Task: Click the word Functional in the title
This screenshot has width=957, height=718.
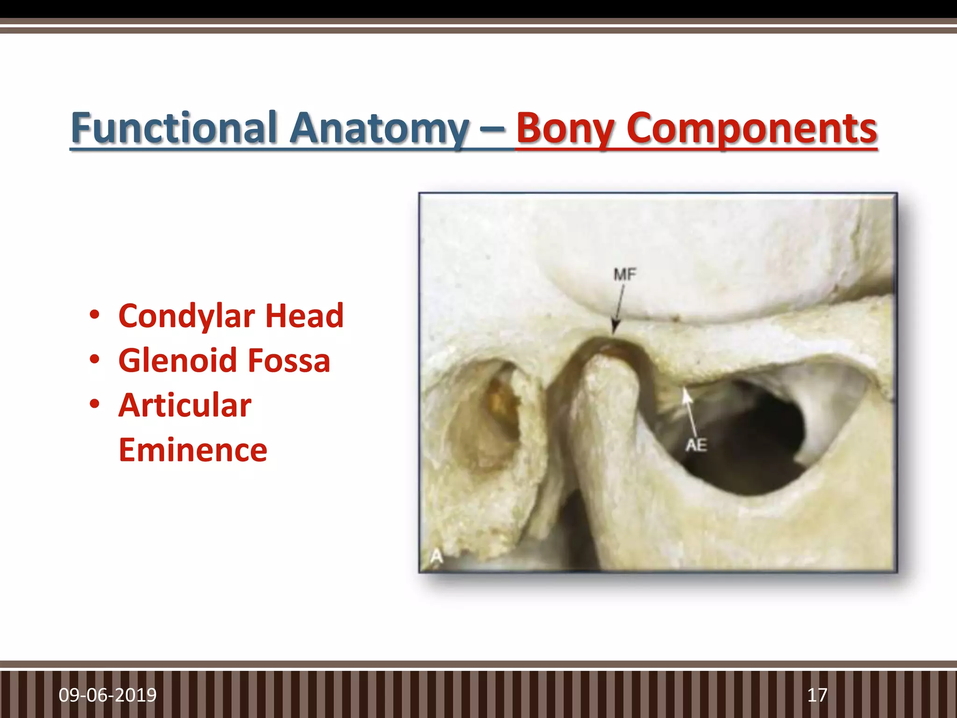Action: tap(175, 128)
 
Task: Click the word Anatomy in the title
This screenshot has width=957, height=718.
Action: tap(379, 128)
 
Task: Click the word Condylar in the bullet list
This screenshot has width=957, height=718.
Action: tap(186, 316)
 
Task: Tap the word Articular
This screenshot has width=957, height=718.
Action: tap(185, 405)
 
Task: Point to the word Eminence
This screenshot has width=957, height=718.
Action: tap(193, 450)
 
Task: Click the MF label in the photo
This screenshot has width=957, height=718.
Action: tap(625, 274)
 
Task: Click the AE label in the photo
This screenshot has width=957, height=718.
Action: tap(696, 445)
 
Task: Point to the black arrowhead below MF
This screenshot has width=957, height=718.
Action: tap(615, 327)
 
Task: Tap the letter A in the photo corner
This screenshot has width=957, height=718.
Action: tap(436, 556)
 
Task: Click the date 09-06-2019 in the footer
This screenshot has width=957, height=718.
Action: tap(107, 695)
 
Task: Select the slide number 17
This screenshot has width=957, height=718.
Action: tap(817, 695)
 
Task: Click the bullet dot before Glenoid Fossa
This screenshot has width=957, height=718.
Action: tap(95, 359)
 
